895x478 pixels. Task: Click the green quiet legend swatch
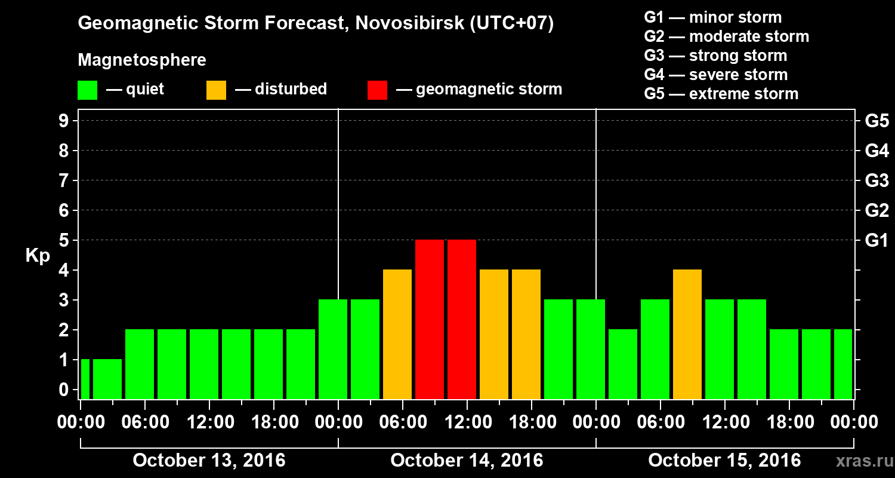coord(87,90)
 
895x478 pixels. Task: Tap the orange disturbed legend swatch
coord(216,90)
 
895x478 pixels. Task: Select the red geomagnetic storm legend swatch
coord(377,90)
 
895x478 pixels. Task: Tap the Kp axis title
coord(38,256)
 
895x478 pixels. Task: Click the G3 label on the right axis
coord(877,180)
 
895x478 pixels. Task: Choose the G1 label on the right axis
coord(877,241)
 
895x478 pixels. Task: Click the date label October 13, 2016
coord(209,461)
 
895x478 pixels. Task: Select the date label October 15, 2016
coord(724,461)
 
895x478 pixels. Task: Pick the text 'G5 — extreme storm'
coord(721,94)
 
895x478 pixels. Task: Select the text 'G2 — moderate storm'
coord(726,36)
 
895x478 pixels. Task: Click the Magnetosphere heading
coord(142,60)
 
